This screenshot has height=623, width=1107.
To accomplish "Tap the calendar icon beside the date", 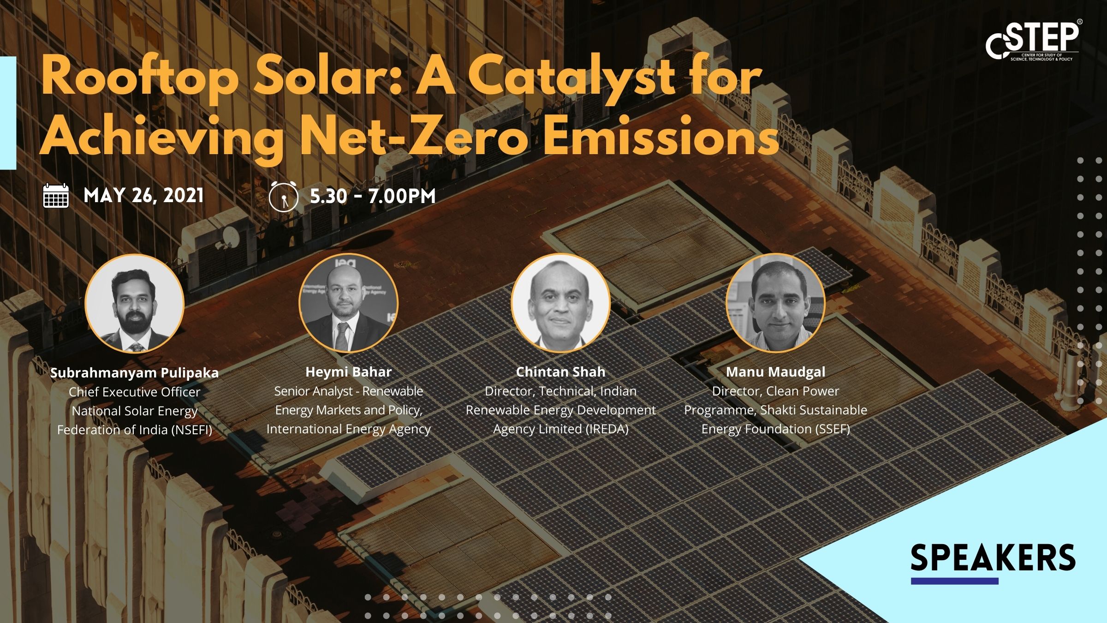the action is (x=56, y=196).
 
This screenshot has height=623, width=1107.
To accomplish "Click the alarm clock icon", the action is (x=283, y=197).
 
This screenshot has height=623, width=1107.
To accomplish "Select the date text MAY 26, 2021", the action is (x=143, y=196).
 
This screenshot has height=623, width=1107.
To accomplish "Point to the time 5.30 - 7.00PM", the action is (x=373, y=197).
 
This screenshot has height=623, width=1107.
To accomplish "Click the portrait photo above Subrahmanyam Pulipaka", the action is (x=135, y=303).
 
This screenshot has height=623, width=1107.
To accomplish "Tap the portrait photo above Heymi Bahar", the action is (x=348, y=303).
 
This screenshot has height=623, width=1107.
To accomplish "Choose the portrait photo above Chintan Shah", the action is (x=561, y=303).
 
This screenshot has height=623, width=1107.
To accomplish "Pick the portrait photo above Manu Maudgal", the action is (x=775, y=303).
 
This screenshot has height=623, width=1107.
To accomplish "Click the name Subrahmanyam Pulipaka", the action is (x=134, y=373).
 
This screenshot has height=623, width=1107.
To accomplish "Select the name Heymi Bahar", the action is (x=349, y=372).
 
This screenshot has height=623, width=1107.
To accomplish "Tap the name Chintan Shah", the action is (x=560, y=372).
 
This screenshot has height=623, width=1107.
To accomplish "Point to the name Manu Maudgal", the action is (x=776, y=372).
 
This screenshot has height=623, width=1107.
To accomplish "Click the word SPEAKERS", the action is (x=993, y=558).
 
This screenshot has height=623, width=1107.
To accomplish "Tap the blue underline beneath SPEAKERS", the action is (x=954, y=581).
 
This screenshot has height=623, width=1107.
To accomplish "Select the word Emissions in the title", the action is (x=663, y=137).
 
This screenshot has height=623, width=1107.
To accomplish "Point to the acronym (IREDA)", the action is (x=607, y=429).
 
